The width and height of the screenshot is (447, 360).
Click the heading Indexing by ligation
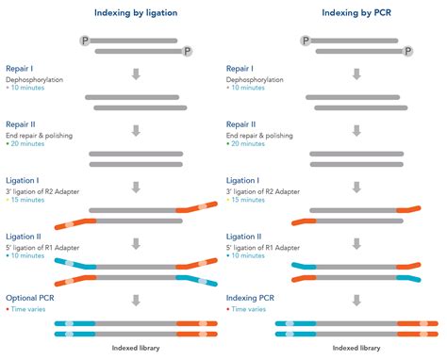[x=136, y=13]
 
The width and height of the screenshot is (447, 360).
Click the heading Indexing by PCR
[x=356, y=13]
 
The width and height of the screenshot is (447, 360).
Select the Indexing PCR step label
[x=253, y=298]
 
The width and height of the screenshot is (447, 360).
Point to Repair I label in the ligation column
[x=22, y=69]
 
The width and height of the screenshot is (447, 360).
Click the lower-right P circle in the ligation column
[x=186, y=51]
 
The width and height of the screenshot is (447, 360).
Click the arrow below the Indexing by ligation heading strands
[x=136, y=73]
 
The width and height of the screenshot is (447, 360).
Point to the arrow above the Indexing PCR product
[x=356, y=301]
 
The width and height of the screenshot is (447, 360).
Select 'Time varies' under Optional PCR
[x=31, y=309]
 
